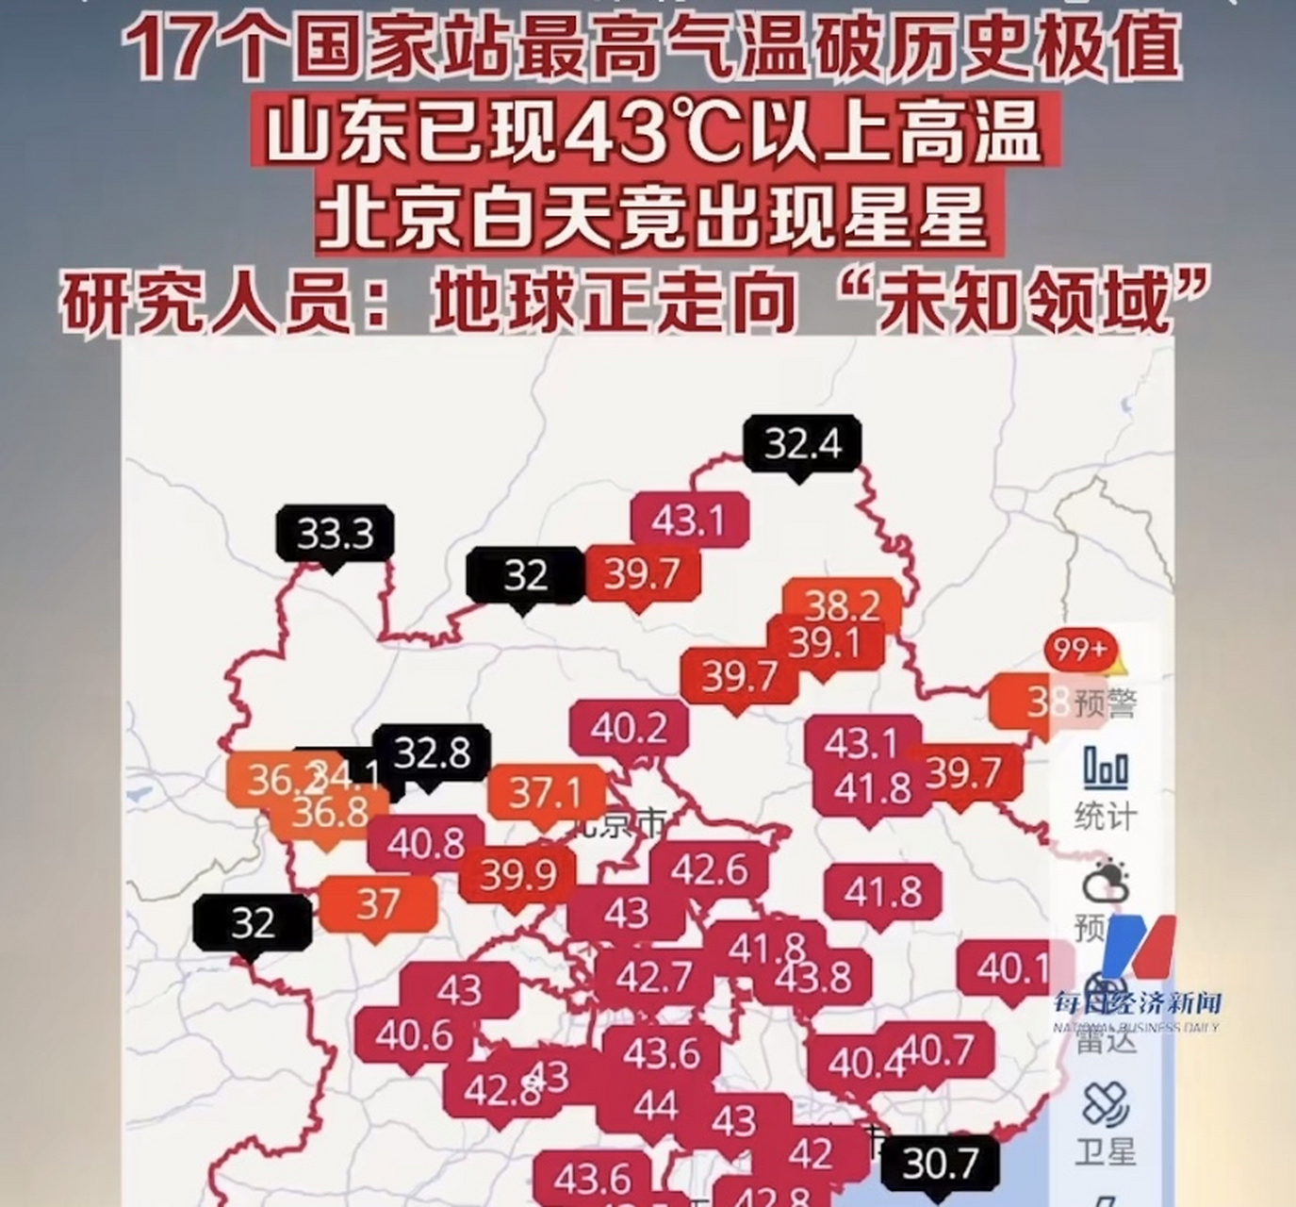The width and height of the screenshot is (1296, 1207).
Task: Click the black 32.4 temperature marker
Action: point(801,442)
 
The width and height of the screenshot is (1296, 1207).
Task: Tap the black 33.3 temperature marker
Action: point(335,534)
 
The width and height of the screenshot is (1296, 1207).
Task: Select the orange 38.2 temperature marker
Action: point(842,604)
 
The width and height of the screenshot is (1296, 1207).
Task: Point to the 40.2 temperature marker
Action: point(629,728)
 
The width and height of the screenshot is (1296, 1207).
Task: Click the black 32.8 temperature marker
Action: point(432,752)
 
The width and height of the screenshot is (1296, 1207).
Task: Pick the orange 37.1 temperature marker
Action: point(546,793)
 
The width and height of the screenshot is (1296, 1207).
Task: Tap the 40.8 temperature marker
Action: point(425,844)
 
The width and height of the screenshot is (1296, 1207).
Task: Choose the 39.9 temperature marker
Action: point(517,875)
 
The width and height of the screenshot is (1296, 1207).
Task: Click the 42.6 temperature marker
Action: point(710,869)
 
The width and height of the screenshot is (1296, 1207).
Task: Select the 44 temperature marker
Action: point(655,1103)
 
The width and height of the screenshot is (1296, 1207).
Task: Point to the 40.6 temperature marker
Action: point(414,1035)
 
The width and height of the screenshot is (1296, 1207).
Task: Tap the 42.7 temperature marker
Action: point(654,977)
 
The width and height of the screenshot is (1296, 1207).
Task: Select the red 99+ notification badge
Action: point(1080,650)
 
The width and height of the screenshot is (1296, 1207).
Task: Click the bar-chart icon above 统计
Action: point(1106,769)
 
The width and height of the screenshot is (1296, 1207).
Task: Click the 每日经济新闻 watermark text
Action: point(1137,1002)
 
